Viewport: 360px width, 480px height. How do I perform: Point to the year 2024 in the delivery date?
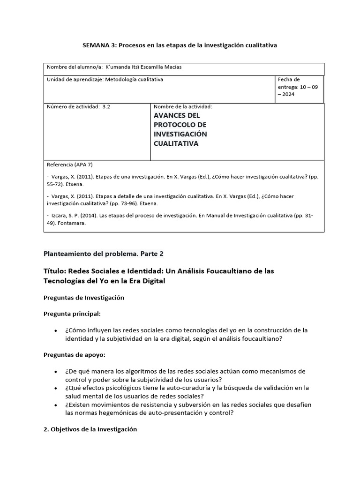pos(288,94)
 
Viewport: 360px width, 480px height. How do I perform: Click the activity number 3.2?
pos(106,106)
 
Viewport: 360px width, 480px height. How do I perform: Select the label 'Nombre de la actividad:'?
pos(183,106)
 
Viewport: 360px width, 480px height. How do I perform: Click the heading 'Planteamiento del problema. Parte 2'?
pos(103,254)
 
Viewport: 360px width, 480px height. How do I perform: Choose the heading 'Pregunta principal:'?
pos(71,313)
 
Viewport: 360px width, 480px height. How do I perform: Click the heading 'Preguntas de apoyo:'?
pos(74,355)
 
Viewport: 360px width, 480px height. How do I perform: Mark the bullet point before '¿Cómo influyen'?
pos(56,330)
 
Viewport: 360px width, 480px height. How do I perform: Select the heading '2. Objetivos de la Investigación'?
pos(90,429)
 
